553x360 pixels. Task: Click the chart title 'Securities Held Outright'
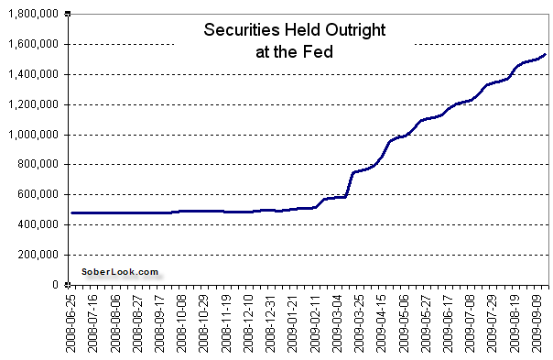click(294, 31)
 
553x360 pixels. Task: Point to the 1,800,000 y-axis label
click(35, 15)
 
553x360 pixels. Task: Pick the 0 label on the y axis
click(62, 285)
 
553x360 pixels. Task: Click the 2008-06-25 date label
click(72, 322)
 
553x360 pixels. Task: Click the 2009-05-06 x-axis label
click(398, 322)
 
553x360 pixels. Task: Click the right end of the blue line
click(547, 55)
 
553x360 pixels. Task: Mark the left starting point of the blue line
click(71, 213)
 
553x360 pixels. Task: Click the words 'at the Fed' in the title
click(294, 51)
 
